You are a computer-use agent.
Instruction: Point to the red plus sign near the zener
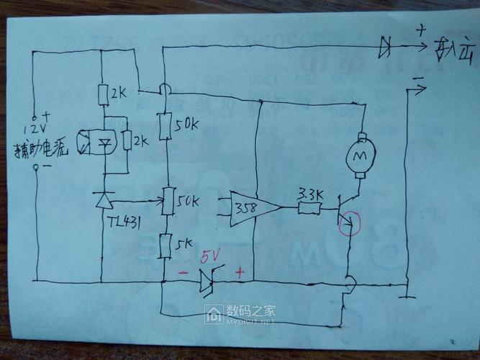point(240,274)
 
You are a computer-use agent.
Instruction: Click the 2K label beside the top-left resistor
point(120,94)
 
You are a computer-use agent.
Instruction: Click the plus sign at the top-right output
point(420,31)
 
